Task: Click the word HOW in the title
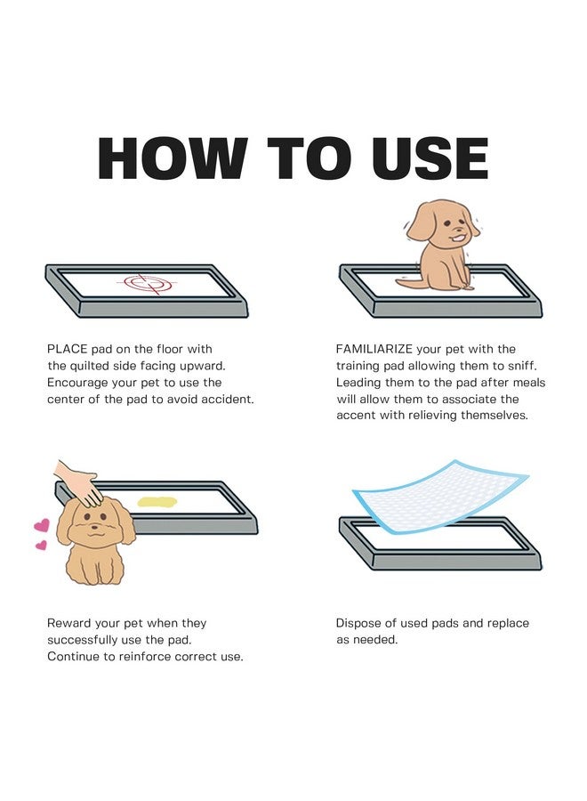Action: (170, 159)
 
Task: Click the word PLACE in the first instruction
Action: (68, 349)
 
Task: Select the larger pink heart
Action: (42, 525)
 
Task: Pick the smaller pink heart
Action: (40, 546)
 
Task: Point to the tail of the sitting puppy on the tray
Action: (407, 279)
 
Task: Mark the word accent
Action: (356, 416)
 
